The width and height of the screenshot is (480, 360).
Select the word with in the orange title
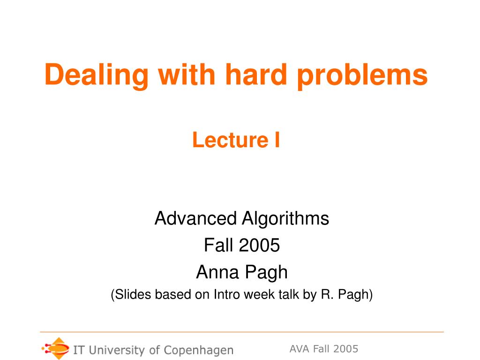pos(187,75)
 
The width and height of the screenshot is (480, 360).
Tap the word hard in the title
pos(256,75)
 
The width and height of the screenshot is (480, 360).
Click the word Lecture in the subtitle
pos(231,140)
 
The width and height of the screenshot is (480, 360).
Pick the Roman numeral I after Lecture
pos(277,140)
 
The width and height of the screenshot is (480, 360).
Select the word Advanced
pos(195,218)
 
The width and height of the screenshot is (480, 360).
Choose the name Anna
pos(217,272)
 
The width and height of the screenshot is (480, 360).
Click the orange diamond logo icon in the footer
pos(56,348)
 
